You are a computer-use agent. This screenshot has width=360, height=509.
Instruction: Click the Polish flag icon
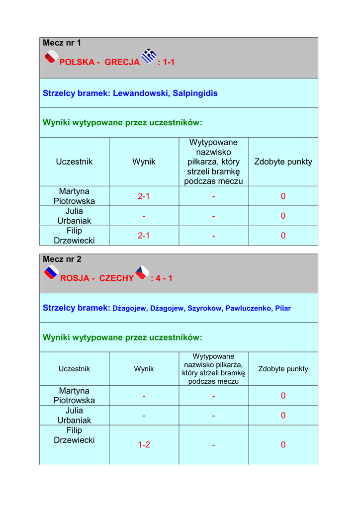pos(51,58)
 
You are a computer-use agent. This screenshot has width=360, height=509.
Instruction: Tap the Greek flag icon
pos(149,56)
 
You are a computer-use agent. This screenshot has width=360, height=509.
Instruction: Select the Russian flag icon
pos(51,273)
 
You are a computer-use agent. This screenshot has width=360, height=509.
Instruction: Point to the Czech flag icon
pos(142,272)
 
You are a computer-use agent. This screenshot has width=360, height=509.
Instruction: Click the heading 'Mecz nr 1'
pos(62,43)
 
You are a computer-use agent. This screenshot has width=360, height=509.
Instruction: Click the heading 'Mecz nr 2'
pos(62,259)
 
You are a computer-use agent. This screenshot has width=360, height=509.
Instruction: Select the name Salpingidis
pos(195,93)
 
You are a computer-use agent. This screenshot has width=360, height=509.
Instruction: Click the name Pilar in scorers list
pos(283,308)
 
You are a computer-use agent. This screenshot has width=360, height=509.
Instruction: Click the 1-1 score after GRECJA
pos(166,62)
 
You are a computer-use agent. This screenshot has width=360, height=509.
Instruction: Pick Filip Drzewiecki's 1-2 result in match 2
pos(144,445)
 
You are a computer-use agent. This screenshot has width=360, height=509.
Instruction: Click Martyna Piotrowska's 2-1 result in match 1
pos(144,196)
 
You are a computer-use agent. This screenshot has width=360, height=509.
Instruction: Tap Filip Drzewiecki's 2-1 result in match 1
pos(144,236)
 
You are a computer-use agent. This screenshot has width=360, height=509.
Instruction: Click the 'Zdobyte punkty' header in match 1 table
pos(283,162)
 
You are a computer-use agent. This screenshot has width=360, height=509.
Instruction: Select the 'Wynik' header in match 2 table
pos(144,369)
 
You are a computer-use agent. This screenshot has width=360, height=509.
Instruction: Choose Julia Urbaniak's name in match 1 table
pos(74,216)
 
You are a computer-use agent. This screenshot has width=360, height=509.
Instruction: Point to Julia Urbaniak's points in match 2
pos(283,415)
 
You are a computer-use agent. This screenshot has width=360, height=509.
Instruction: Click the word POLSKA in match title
pos(77,62)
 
